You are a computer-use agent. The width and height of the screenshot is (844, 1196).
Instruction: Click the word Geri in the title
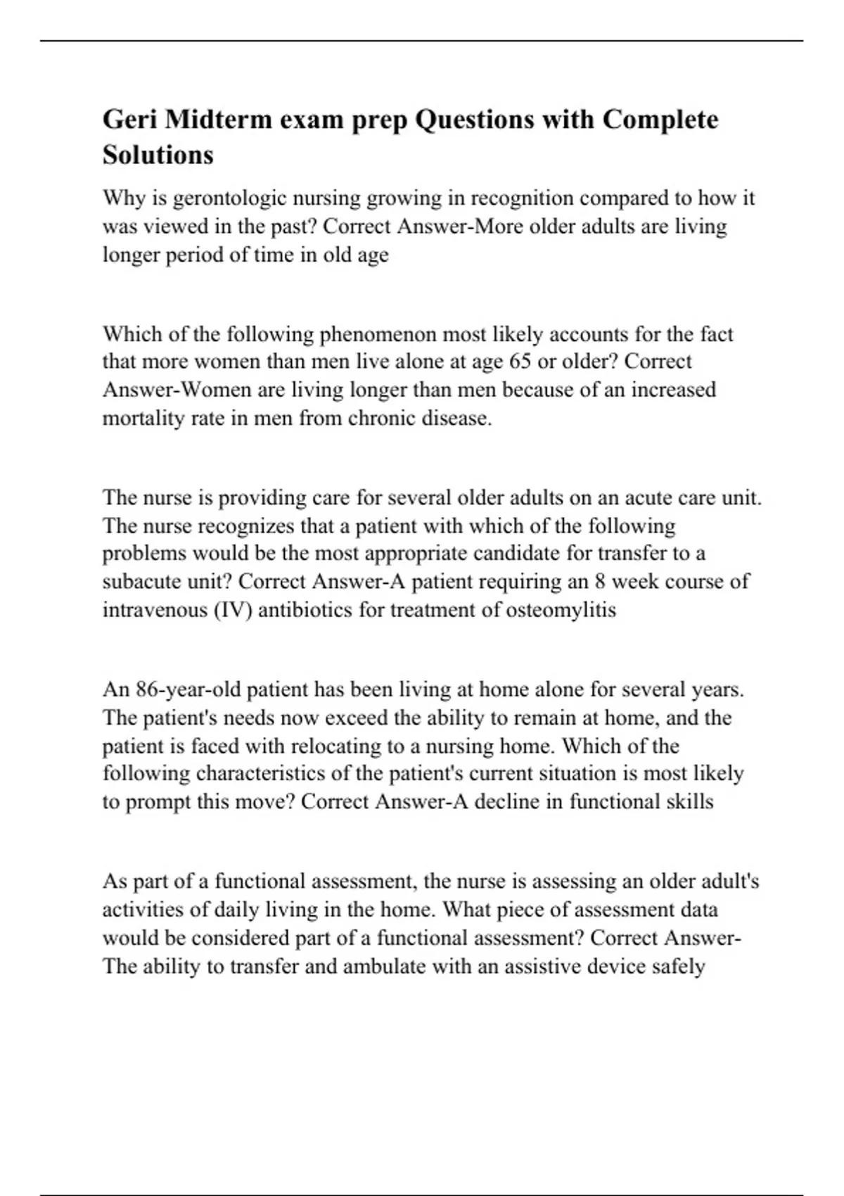tap(130, 120)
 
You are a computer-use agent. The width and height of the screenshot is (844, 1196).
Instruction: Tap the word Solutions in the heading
tap(158, 155)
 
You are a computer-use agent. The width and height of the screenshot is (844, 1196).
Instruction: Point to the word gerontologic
tap(229, 199)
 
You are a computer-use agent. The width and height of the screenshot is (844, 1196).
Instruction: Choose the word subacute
tap(146, 583)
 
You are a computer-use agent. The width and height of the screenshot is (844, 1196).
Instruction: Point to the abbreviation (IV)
tap(231, 610)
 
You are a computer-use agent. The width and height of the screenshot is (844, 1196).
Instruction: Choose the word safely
tap(678, 967)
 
